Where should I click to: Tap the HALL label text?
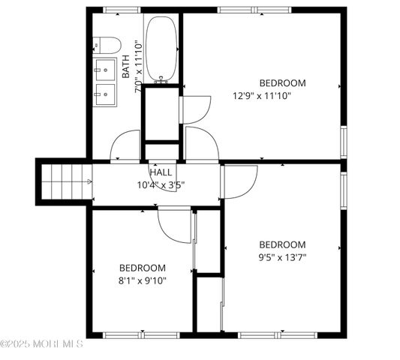(x=161, y=172)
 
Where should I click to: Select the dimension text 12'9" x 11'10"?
(x=261, y=95)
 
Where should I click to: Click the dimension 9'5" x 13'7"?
(x=282, y=257)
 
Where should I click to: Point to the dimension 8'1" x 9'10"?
(x=143, y=280)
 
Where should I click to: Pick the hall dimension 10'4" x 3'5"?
(x=161, y=184)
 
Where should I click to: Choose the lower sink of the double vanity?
(x=104, y=95)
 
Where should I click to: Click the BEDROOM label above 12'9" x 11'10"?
(x=282, y=82)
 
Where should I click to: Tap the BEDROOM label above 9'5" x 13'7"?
(x=282, y=244)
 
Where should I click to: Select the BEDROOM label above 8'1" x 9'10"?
(x=143, y=268)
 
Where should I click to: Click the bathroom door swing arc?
(x=125, y=145)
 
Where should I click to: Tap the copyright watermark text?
(x=42, y=344)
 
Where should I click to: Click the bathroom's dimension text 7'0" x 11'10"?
(x=137, y=66)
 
